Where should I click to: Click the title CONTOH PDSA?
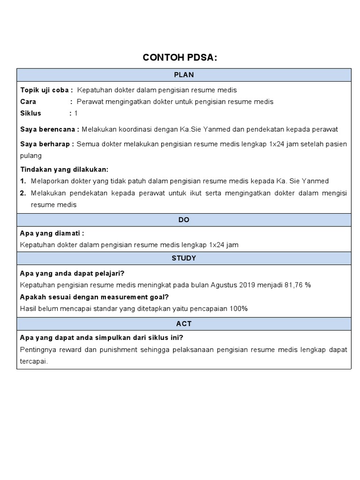click(x=180, y=58)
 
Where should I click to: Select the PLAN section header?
click(x=184, y=75)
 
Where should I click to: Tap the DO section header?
click(x=184, y=220)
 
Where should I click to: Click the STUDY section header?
click(x=184, y=258)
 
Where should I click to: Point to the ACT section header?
click(x=184, y=324)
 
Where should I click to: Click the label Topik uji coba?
click(x=46, y=90)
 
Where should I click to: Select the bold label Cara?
click(x=28, y=102)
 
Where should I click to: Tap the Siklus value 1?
click(x=76, y=113)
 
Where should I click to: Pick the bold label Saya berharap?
click(x=47, y=144)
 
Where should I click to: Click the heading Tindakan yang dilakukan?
click(x=64, y=169)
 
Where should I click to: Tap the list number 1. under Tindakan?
click(x=23, y=181)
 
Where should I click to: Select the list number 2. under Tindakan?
click(x=23, y=193)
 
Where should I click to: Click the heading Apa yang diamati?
click(x=52, y=233)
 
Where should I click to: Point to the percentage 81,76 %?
click(x=298, y=285)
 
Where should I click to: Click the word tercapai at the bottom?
click(x=34, y=361)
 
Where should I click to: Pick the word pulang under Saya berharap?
click(x=31, y=156)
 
